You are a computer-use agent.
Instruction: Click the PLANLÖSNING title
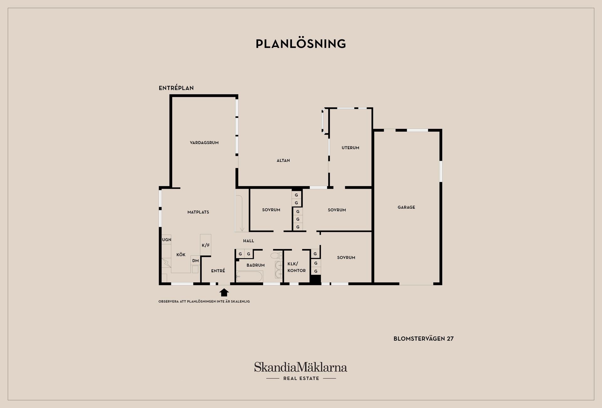(301, 44)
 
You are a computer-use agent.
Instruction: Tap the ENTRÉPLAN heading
(176, 88)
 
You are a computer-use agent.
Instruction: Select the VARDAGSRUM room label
(204, 143)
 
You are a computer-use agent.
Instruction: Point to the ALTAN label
(283, 160)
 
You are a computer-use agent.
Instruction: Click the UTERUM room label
(351, 148)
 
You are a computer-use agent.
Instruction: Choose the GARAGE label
(406, 207)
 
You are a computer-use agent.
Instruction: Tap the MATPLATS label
(198, 212)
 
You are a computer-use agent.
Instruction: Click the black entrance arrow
(224, 292)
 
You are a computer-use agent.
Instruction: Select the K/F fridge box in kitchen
(206, 245)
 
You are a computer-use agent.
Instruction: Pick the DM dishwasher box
(195, 260)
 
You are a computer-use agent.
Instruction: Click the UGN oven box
(166, 240)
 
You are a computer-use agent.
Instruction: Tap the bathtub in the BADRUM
(250, 276)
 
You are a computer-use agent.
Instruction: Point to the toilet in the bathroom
(276, 255)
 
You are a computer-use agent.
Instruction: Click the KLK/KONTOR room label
(297, 267)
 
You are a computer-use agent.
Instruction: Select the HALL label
(249, 241)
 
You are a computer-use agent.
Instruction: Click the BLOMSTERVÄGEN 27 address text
(424, 338)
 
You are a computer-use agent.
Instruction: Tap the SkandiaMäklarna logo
(301, 367)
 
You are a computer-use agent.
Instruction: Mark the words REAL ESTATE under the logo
(301, 378)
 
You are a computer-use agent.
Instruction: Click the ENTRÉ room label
(218, 271)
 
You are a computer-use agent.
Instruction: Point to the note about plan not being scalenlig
(204, 301)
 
